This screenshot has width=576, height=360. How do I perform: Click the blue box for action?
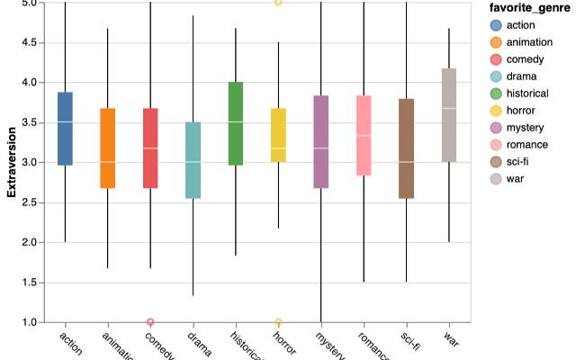tap(65, 129)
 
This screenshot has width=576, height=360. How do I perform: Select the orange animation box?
tap(107, 148)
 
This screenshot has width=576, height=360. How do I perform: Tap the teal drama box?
tap(193, 160)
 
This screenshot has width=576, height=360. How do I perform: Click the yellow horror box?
tap(278, 135)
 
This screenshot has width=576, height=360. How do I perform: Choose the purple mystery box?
tap(321, 142)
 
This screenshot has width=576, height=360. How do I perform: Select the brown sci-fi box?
tap(407, 148)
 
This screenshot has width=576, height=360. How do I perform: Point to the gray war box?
tap(449, 115)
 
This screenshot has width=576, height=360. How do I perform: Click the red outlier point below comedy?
tap(150, 322)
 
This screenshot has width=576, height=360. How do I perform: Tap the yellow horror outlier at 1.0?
tap(278, 322)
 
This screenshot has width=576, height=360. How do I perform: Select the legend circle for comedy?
tap(495, 58)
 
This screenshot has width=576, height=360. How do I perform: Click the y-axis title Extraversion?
tap(11, 162)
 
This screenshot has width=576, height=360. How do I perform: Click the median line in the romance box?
tap(364, 136)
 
